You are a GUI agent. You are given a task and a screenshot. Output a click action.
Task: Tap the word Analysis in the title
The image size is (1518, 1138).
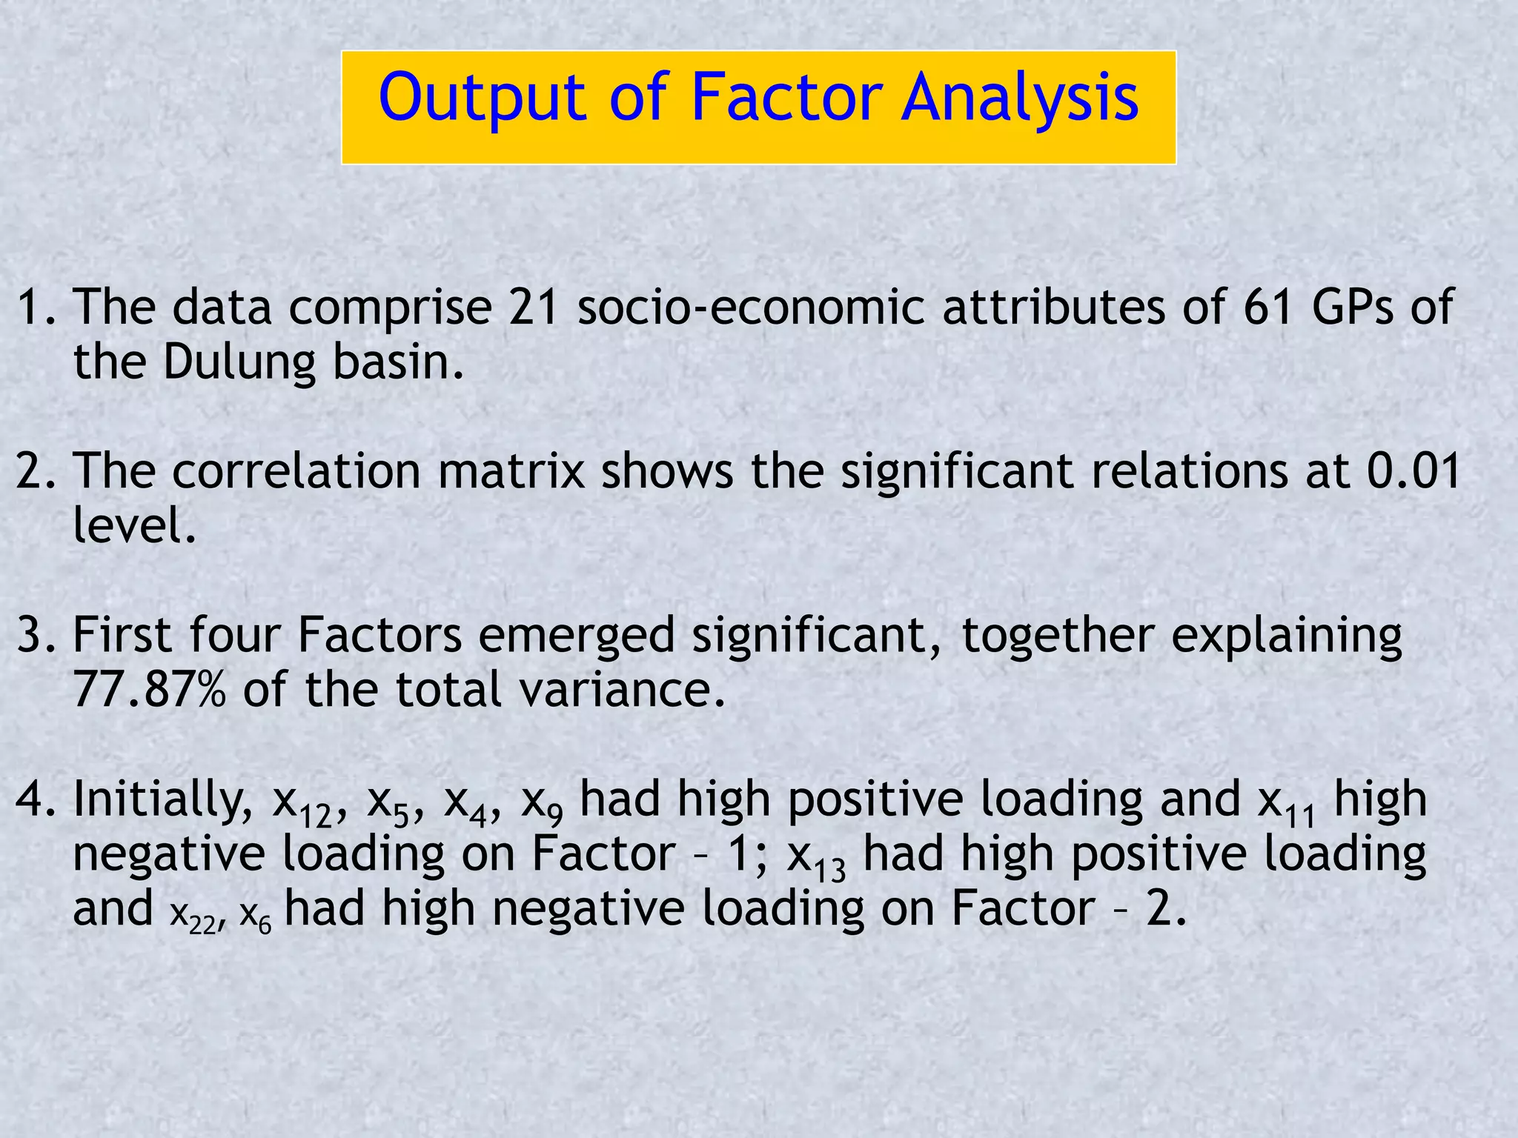click(1020, 99)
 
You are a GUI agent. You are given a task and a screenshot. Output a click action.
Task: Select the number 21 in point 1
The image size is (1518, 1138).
click(533, 307)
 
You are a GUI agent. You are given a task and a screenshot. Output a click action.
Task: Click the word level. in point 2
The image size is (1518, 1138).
click(134, 526)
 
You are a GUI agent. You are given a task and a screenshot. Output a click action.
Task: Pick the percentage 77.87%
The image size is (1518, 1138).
click(148, 690)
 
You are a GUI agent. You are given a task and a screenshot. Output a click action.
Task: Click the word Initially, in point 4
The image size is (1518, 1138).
click(163, 800)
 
